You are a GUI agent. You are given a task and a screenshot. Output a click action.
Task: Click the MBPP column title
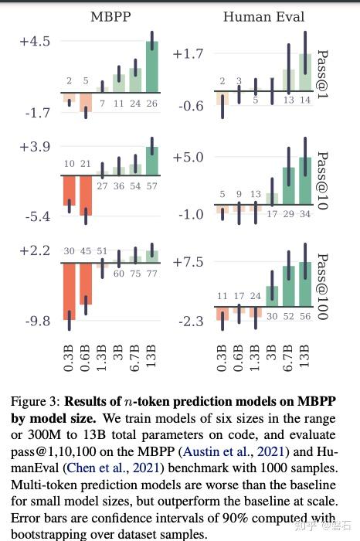110,16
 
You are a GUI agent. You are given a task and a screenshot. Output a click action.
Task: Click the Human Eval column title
263,16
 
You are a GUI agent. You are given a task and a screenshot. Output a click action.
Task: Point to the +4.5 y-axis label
35,41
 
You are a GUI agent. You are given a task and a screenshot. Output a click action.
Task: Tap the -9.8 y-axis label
35,321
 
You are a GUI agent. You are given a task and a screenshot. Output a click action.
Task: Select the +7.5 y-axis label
188,262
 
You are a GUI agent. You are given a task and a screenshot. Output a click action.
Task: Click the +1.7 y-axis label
188,54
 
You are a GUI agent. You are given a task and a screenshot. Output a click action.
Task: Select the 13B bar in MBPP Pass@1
151,71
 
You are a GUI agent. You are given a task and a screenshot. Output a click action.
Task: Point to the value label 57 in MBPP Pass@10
151,185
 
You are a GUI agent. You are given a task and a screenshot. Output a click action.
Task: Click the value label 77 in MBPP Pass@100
151,274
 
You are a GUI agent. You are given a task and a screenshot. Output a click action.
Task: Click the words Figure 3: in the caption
35,401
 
